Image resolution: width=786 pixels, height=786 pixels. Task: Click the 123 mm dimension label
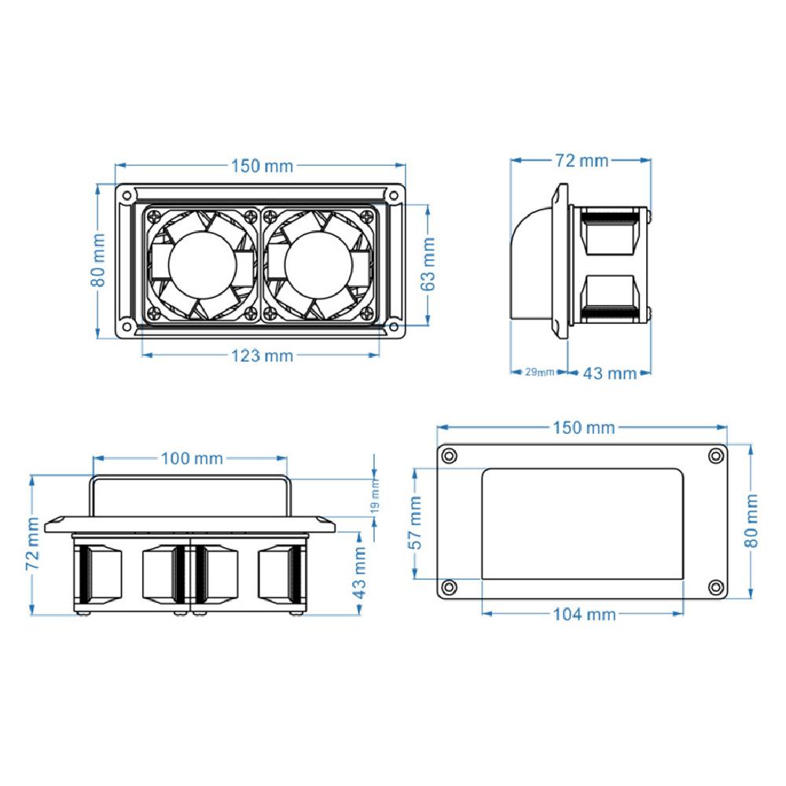(x=263, y=356)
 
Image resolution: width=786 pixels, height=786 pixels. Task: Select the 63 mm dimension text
(x=428, y=264)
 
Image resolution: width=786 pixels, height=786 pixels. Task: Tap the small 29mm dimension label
(x=539, y=372)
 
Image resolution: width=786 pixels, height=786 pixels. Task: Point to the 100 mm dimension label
(x=192, y=458)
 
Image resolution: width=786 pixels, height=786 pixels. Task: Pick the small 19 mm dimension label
(x=375, y=495)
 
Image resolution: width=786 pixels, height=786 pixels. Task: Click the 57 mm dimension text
(x=416, y=523)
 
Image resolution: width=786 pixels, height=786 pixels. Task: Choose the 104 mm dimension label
(x=584, y=614)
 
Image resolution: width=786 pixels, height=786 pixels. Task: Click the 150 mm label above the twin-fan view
(x=263, y=166)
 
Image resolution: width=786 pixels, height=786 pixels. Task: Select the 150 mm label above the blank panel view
(x=584, y=428)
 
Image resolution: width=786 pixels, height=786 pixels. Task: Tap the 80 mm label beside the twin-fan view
(x=98, y=260)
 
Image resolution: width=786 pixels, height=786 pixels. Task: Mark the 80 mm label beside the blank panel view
(x=751, y=521)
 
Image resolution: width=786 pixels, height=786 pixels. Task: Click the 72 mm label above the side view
(x=582, y=160)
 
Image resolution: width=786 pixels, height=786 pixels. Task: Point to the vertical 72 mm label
(x=32, y=543)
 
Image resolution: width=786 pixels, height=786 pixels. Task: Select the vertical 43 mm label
(x=359, y=573)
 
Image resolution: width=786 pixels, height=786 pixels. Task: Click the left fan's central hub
(x=202, y=264)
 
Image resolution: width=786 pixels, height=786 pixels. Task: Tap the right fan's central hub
(x=318, y=264)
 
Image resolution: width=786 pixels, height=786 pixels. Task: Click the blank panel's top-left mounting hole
(x=448, y=456)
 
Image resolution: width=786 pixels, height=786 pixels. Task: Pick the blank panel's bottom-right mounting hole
(x=716, y=587)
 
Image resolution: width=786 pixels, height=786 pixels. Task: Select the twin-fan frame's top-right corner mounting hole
(x=394, y=195)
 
